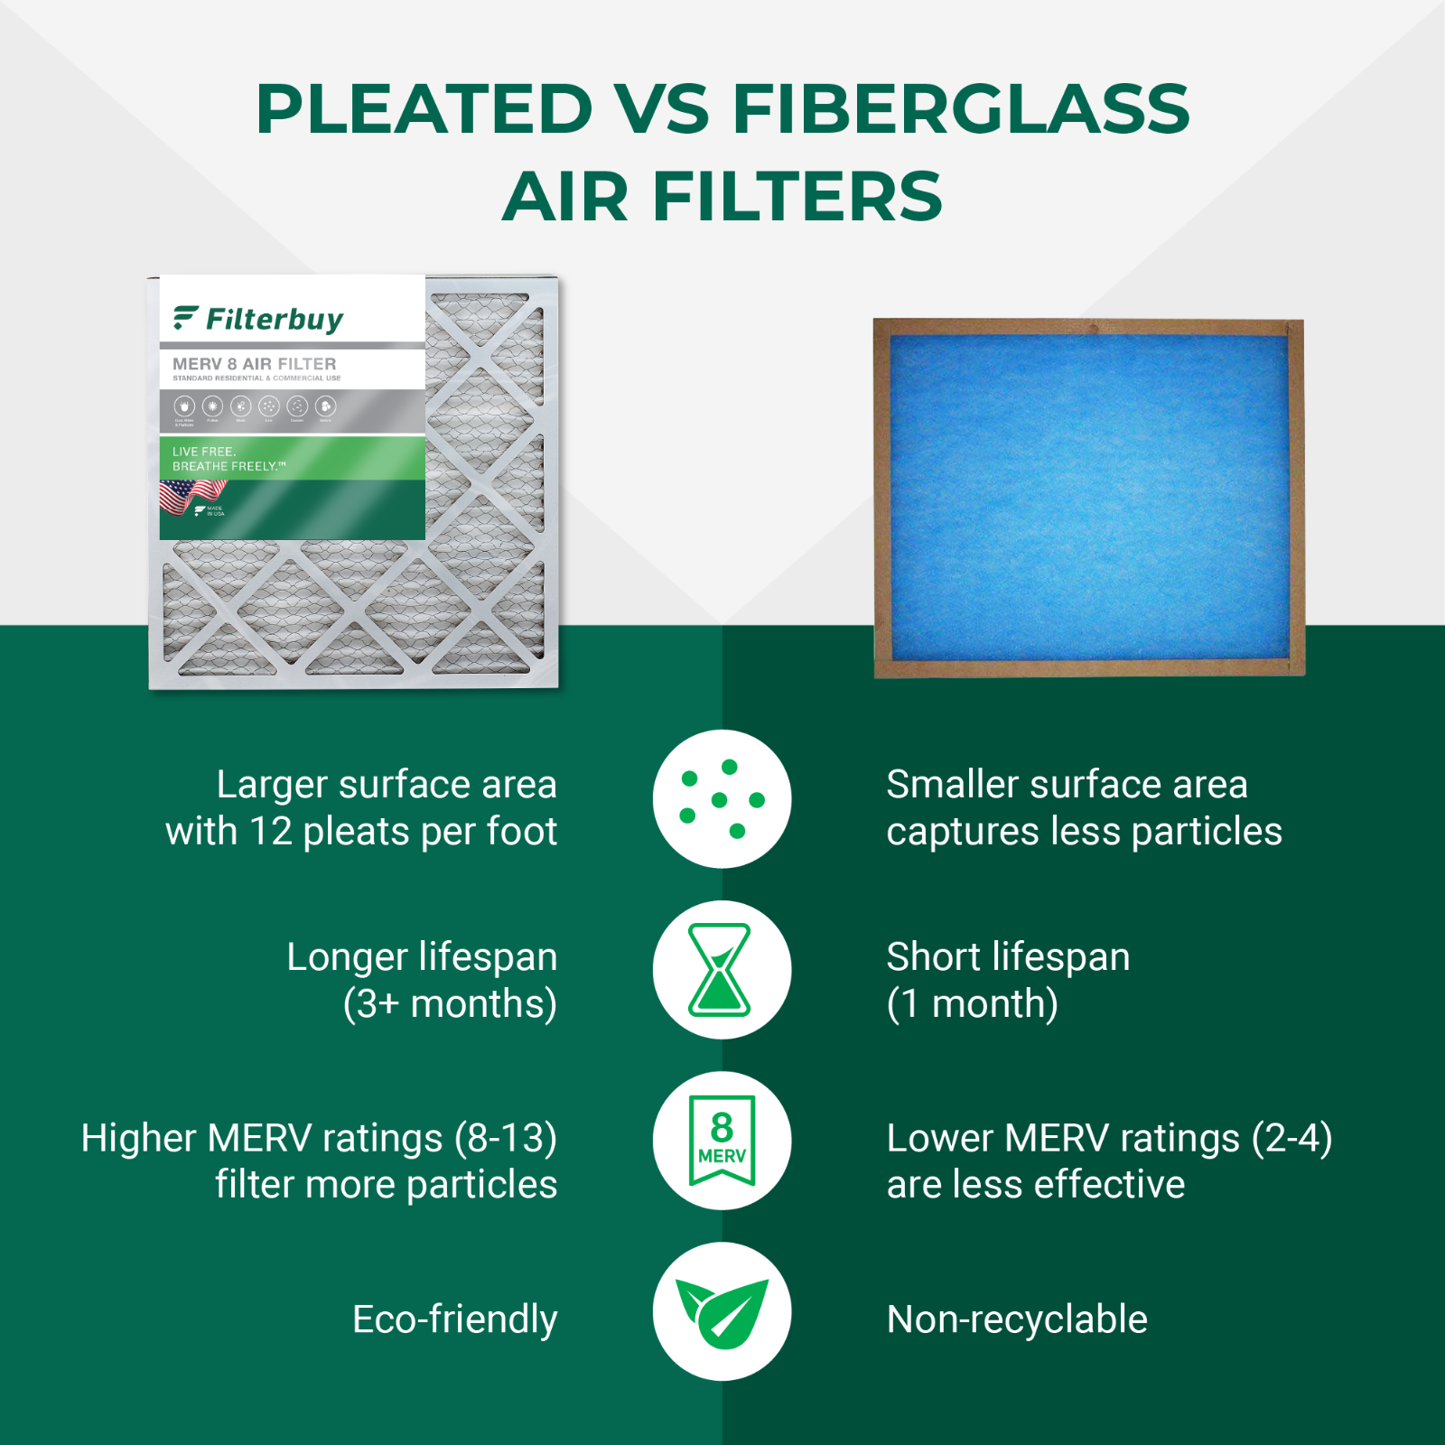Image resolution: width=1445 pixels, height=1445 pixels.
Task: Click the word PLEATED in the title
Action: [x=424, y=109]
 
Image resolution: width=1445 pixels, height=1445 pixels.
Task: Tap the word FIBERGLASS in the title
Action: [x=961, y=109]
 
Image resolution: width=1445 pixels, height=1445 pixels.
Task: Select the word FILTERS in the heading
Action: [x=797, y=197]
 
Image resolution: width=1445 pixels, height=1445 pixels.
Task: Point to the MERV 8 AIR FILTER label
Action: [x=254, y=364]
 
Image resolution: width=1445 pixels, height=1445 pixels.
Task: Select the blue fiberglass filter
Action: [x=1088, y=498]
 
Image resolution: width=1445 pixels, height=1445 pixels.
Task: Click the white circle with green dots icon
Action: [x=722, y=798]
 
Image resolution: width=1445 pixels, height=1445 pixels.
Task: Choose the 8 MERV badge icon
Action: [x=722, y=1140]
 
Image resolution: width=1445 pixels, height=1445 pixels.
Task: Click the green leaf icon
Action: [x=722, y=1311]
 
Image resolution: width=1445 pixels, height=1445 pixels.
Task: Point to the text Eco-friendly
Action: [x=454, y=1319]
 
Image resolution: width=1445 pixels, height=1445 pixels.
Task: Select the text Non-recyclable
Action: [x=1017, y=1319]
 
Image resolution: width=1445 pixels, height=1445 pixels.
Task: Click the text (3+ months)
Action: [x=450, y=1004]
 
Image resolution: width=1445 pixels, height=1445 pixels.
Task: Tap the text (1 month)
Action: [x=972, y=1004]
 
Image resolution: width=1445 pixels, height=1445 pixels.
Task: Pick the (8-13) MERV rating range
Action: [x=505, y=1138]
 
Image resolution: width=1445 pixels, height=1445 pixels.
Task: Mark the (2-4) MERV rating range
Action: [x=1291, y=1138]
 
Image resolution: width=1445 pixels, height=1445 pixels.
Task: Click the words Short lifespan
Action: [x=1008, y=957]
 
